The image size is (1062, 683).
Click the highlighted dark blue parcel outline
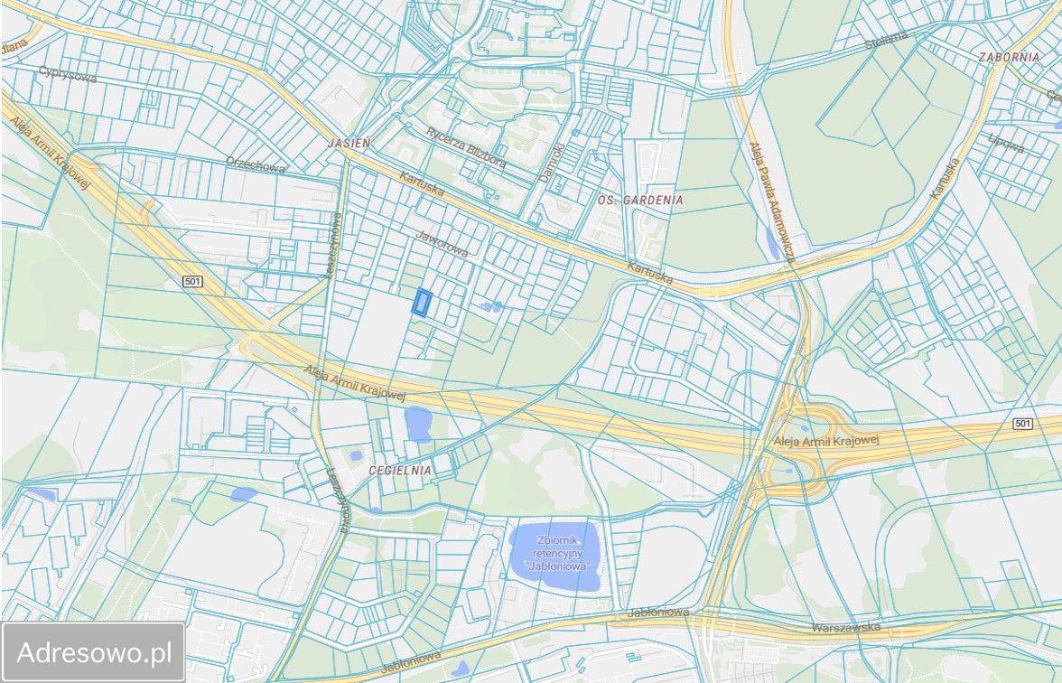[422, 303]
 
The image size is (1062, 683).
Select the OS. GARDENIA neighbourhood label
[640, 200]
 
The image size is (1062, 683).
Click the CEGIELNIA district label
[400, 471]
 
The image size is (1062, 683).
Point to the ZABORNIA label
[1009, 56]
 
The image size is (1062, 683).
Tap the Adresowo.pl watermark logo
[94, 651]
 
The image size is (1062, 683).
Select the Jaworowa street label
[442, 243]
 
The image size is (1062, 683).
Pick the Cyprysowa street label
[67, 74]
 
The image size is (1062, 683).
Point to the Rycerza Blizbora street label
[466, 147]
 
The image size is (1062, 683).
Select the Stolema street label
[885, 41]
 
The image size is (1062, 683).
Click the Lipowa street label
[1006, 144]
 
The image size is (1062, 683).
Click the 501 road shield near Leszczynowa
[191, 282]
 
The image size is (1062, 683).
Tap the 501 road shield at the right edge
[1021, 424]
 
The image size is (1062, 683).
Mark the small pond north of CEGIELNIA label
[418, 423]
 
